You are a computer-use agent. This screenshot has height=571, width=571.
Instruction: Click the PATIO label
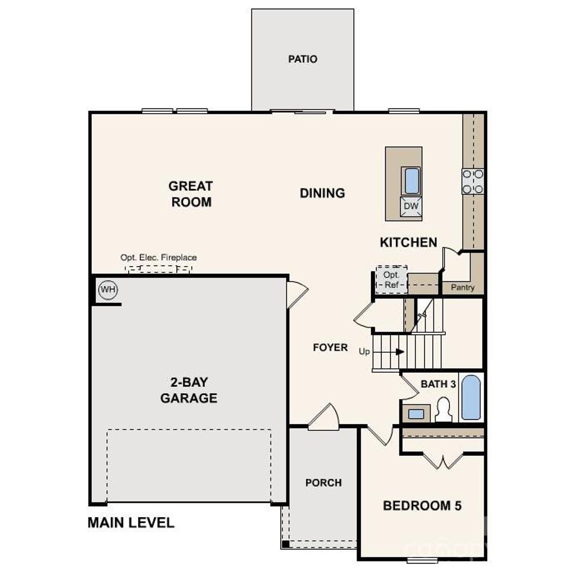[x=302, y=59]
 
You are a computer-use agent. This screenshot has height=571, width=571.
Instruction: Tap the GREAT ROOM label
[x=191, y=194]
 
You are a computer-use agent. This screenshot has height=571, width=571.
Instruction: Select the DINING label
[x=322, y=193]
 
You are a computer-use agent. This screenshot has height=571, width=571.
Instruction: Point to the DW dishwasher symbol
[x=411, y=207]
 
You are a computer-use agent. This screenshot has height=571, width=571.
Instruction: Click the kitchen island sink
[x=410, y=181]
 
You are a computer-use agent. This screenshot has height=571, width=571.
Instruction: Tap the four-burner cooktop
[x=472, y=182]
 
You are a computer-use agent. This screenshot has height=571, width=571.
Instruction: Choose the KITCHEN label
[x=408, y=242]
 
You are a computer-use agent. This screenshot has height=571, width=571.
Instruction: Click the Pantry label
[x=463, y=288]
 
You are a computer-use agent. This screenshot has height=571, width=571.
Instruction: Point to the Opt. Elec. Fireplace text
[x=158, y=257]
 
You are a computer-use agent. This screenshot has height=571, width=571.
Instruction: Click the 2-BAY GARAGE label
[x=189, y=390]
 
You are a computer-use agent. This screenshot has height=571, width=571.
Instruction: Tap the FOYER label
[x=330, y=348]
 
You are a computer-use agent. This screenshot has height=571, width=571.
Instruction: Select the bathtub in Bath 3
[x=471, y=397]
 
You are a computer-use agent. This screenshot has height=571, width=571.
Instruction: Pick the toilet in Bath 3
[x=443, y=410]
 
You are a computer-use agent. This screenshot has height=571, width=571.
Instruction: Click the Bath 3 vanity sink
[x=416, y=414]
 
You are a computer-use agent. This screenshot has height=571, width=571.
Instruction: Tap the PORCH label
[x=323, y=483]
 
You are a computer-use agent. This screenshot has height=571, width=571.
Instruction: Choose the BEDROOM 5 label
[x=422, y=505]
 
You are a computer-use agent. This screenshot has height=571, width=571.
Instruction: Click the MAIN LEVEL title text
[x=131, y=522]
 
